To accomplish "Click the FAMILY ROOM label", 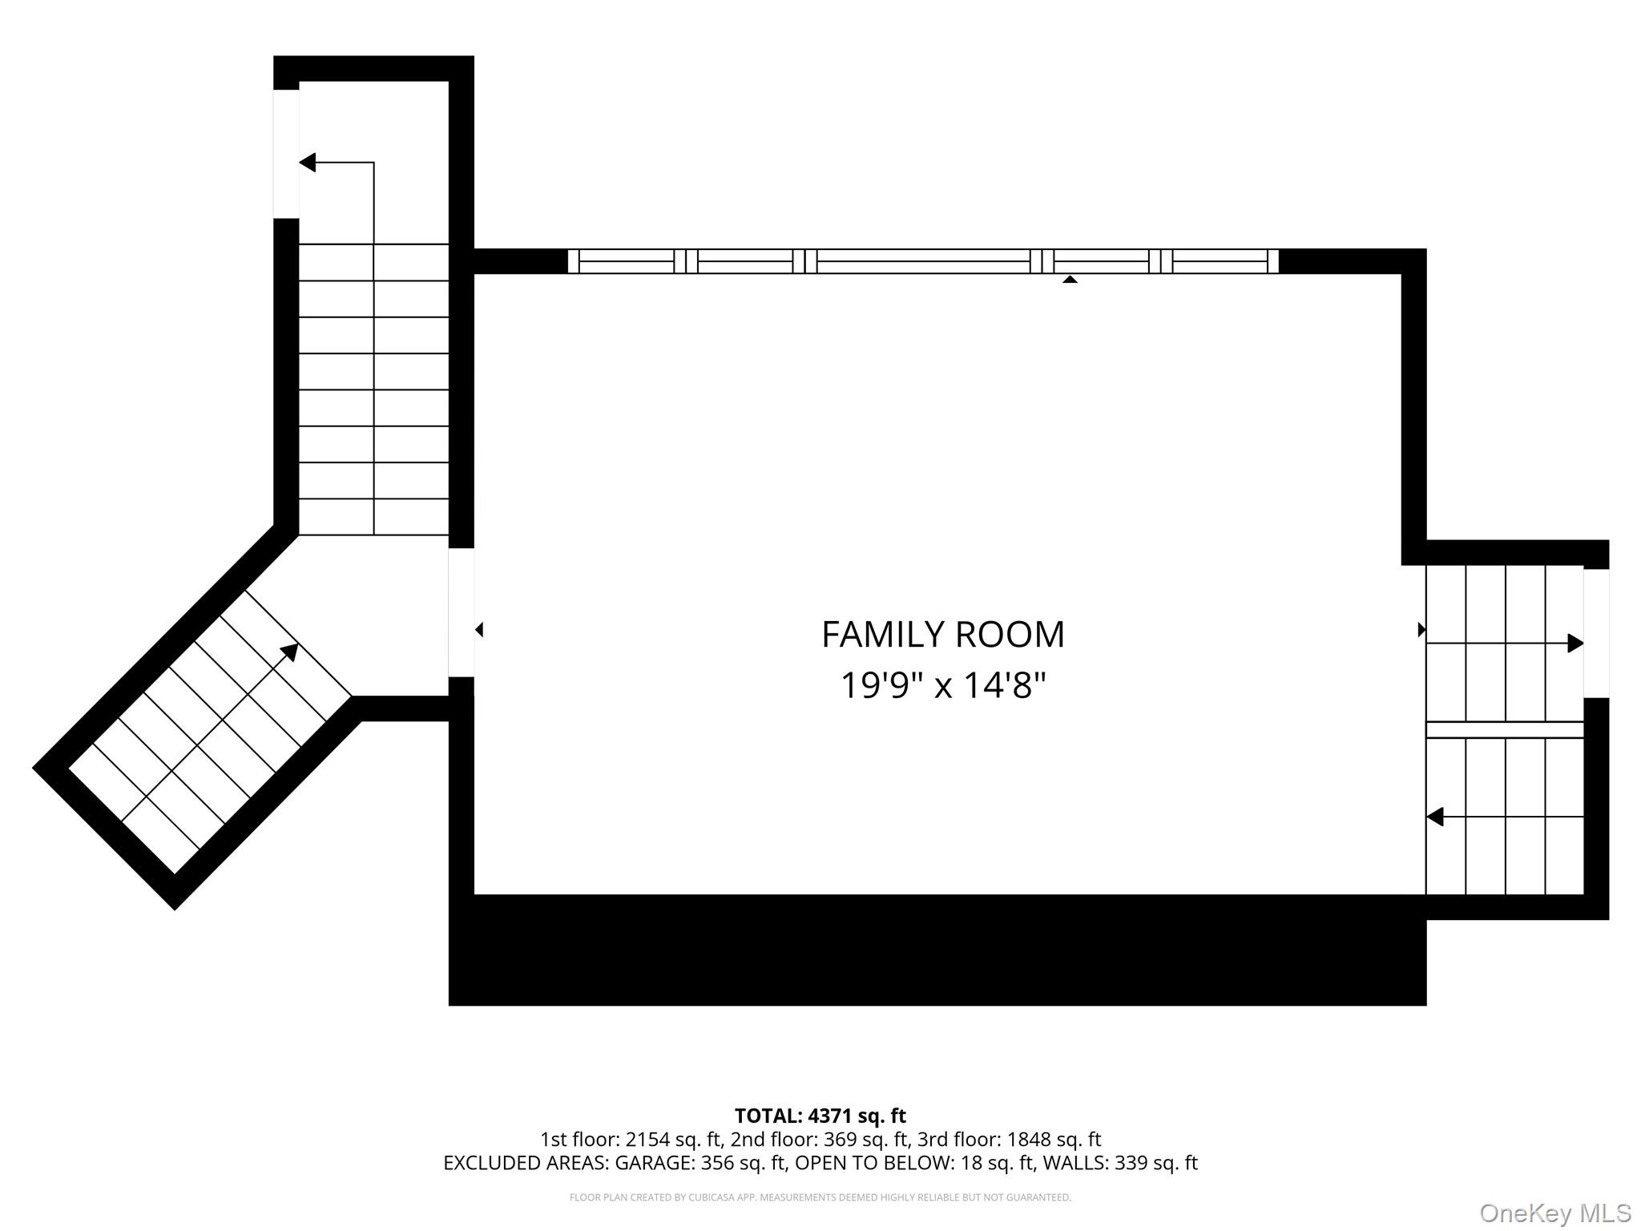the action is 943,635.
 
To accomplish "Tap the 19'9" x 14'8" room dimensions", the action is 943,686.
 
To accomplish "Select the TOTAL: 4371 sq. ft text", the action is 820,1116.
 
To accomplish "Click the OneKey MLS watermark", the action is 1555,1213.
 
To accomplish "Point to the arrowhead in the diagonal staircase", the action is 290,652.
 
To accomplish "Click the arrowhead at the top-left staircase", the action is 308,163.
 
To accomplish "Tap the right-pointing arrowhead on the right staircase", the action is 1575,643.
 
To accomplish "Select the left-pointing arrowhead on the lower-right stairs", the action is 1435,817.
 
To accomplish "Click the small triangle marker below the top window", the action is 1070,279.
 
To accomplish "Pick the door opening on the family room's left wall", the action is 462,612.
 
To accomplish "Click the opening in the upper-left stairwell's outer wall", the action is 286,154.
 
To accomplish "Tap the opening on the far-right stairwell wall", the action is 1596,633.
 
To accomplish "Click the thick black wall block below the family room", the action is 937,950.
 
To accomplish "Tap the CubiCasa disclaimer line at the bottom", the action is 820,1197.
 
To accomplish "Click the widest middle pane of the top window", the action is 923,261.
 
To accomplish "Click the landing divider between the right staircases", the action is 1505,730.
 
